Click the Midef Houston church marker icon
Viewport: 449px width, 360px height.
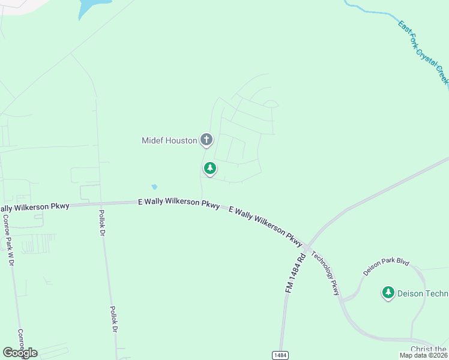[x=206, y=140]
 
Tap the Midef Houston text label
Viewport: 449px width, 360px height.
[x=169, y=140]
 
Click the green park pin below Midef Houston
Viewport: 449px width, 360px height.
[x=209, y=169]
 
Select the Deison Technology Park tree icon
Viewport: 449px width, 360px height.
[x=388, y=292]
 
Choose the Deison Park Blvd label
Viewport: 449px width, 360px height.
[x=386, y=267]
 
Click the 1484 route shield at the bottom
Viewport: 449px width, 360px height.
[x=280, y=355]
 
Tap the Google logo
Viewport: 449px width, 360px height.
[x=20, y=353]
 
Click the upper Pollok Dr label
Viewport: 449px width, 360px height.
[x=102, y=221]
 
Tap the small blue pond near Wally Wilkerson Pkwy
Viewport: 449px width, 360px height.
[x=154, y=187]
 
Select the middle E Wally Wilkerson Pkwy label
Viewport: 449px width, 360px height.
[x=178, y=203]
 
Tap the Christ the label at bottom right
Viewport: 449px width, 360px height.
[x=429, y=349]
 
